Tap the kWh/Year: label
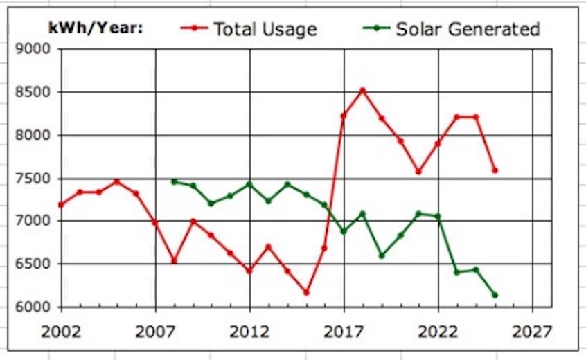[x=95, y=28]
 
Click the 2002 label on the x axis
[x=61, y=332]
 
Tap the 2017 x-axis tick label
[x=344, y=332]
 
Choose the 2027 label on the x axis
[x=533, y=332]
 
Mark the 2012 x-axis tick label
[x=249, y=332]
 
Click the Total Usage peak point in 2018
[x=362, y=90]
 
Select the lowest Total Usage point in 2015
[x=306, y=292]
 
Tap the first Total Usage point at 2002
[x=61, y=205]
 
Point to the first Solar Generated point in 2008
[x=174, y=181]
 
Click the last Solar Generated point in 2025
[x=495, y=295]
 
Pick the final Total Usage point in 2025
[x=495, y=170]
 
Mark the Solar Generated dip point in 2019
[x=382, y=255]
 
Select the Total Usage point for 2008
[x=174, y=261]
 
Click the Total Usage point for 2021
[x=419, y=172]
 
